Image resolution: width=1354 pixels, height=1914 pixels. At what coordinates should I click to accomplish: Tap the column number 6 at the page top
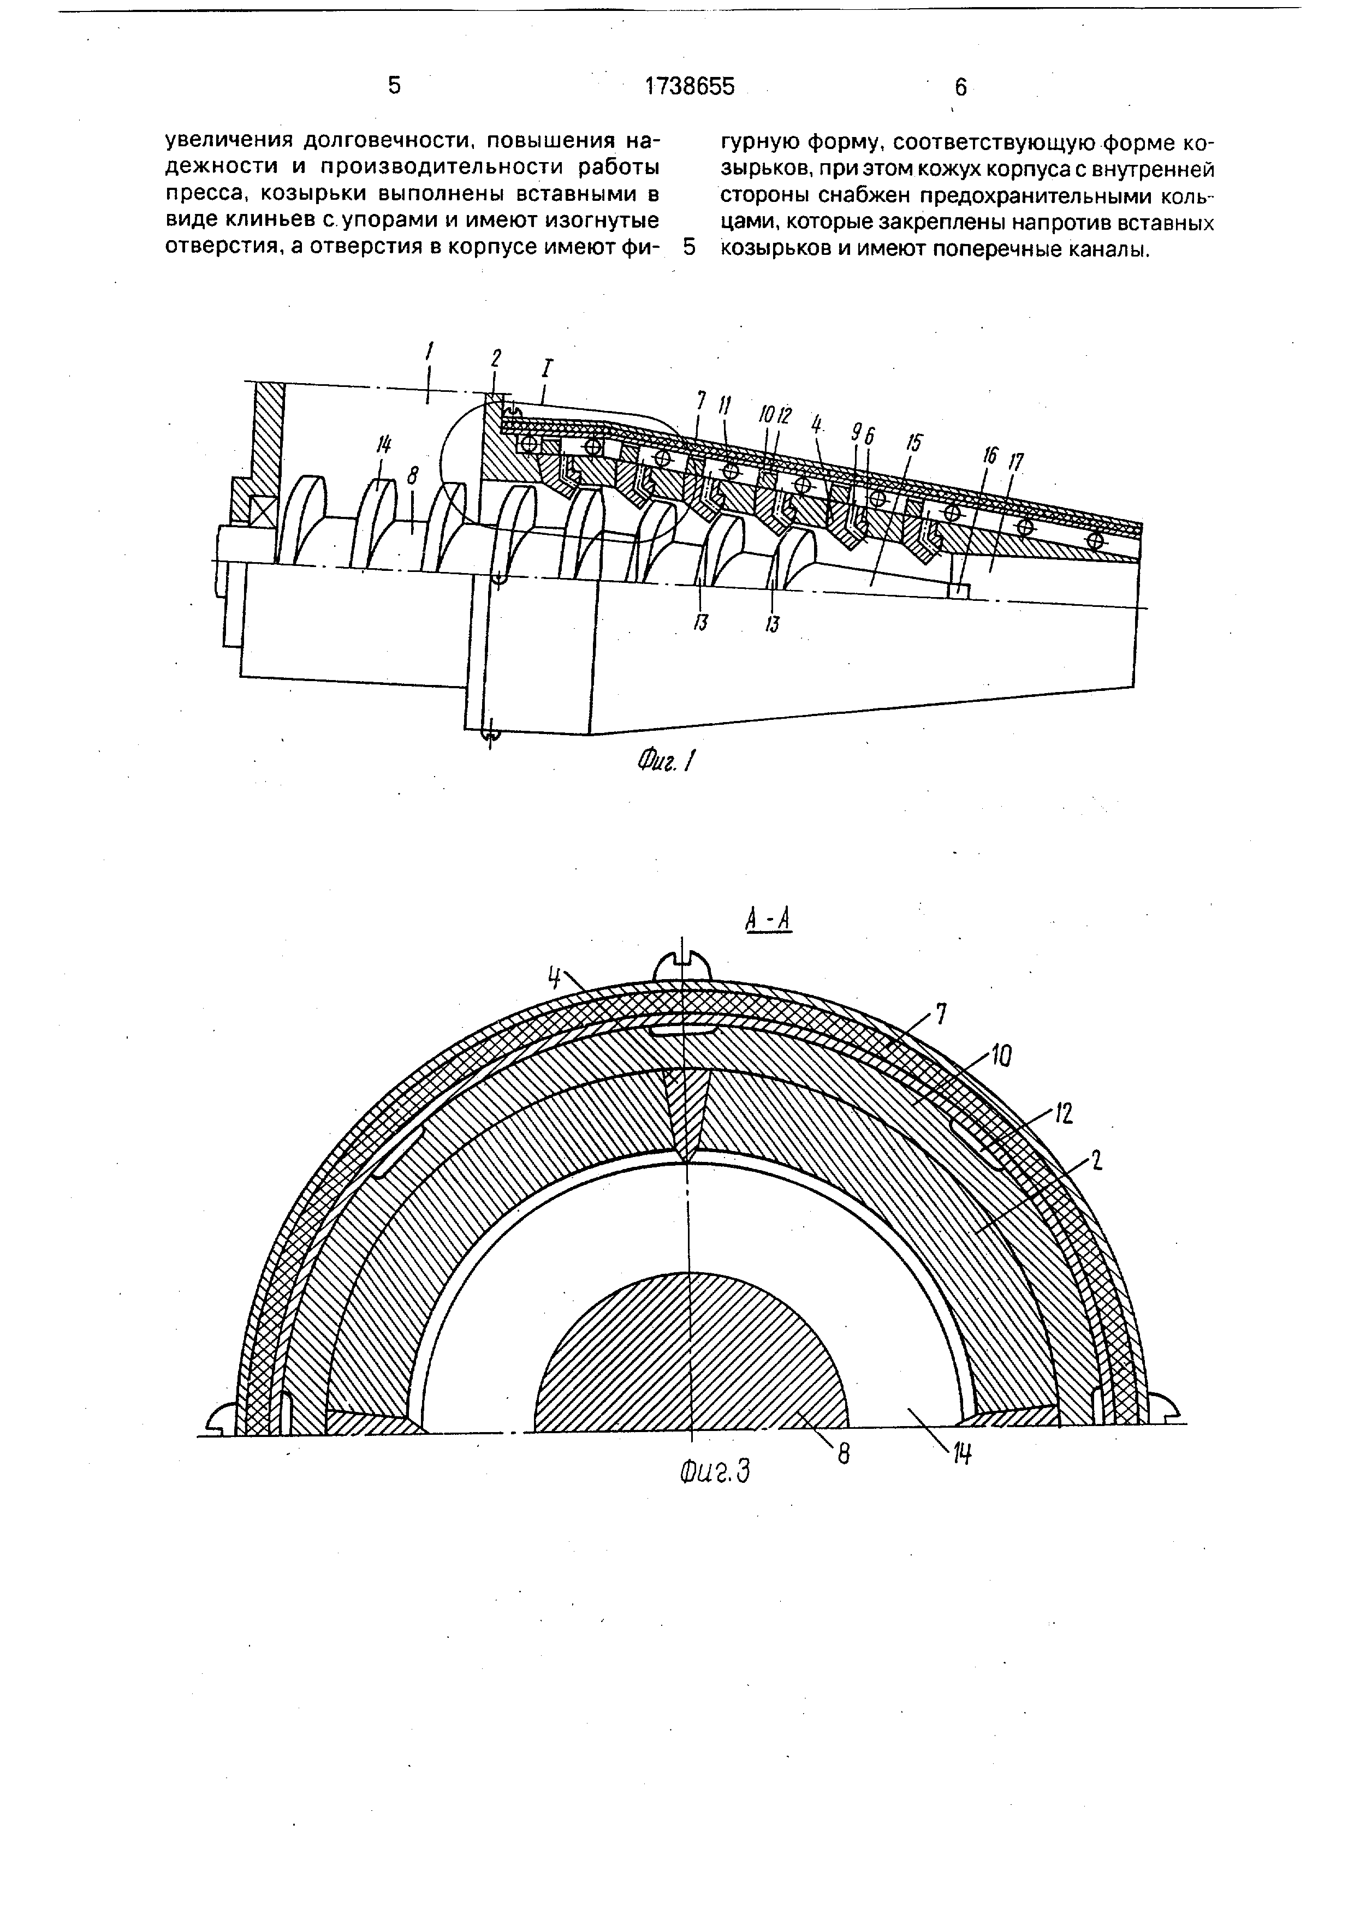click(960, 87)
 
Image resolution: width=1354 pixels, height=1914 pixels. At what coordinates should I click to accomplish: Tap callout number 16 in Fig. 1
click(990, 455)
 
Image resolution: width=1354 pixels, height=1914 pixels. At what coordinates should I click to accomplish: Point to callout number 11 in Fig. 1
click(724, 406)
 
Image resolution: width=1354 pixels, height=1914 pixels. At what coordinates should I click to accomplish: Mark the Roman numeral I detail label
click(549, 368)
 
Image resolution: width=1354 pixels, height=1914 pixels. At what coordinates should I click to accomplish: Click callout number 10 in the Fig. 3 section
click(1001, 1058)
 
